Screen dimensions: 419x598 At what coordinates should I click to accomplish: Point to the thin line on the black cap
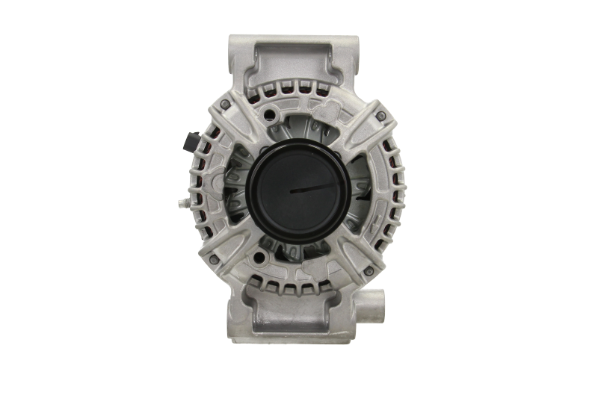[314, 187]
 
